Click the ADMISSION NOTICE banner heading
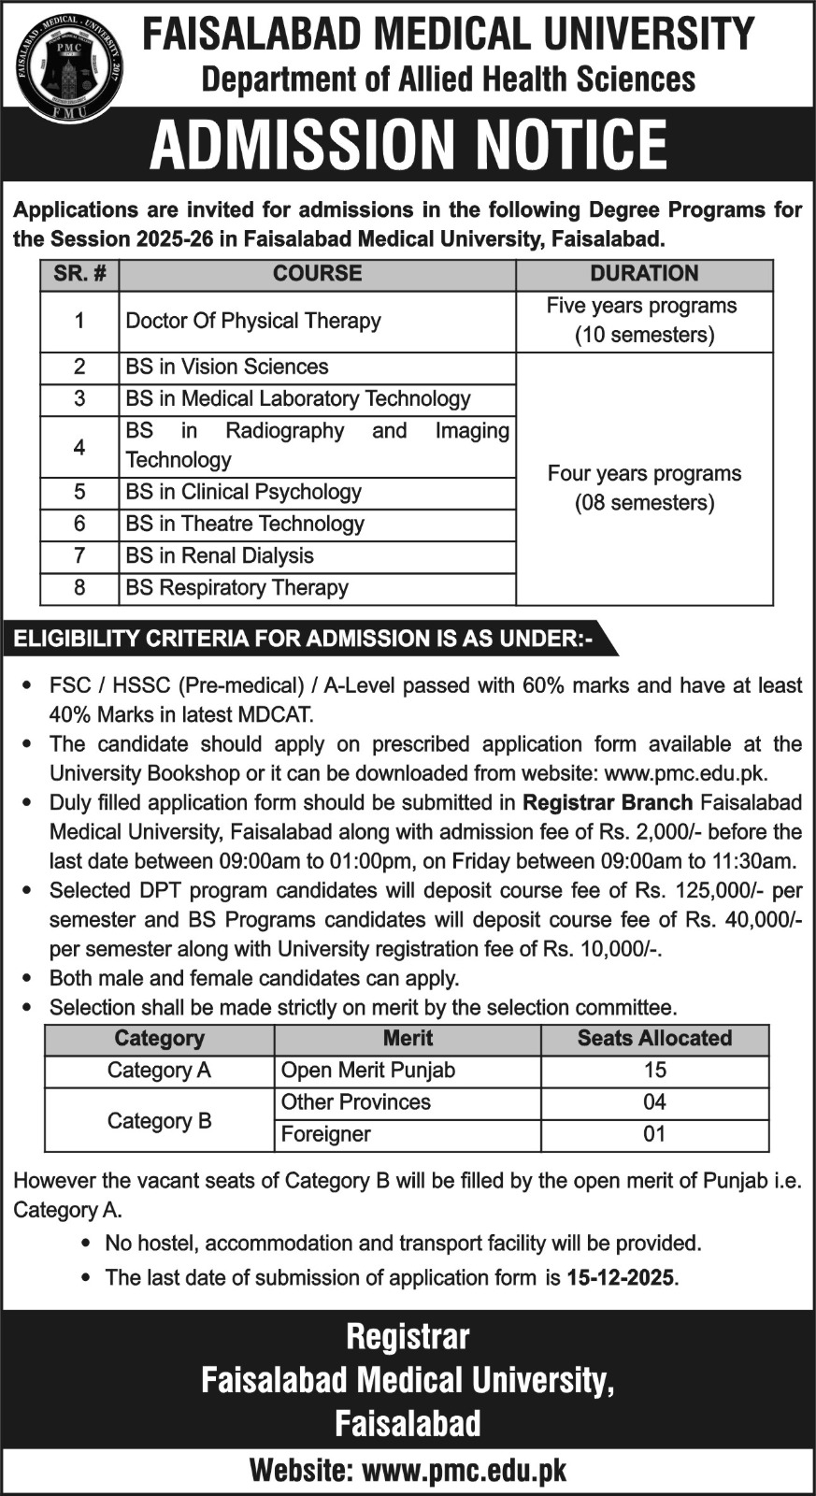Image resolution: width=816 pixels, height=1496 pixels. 408,145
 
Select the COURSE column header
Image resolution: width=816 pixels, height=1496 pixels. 317,274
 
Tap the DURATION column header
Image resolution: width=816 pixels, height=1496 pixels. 644,274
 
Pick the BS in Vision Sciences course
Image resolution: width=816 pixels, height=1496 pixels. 227,367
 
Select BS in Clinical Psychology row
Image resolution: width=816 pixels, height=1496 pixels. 244,492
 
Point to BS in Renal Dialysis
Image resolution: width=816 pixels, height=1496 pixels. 220,555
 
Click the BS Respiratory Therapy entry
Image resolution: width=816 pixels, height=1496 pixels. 237,587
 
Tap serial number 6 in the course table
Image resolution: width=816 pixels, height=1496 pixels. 79,524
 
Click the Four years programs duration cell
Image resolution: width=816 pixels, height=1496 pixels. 644,487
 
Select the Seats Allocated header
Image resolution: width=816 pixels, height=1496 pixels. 654,1039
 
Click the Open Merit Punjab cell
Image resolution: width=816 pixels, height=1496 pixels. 368,1071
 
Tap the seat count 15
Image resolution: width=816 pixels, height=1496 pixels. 654,1071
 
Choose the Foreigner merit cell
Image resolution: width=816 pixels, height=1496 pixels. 326,1134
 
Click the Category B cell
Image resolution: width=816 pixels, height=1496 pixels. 160,1120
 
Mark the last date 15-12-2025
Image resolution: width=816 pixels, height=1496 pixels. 620,1277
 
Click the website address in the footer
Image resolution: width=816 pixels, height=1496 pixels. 464,1471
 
